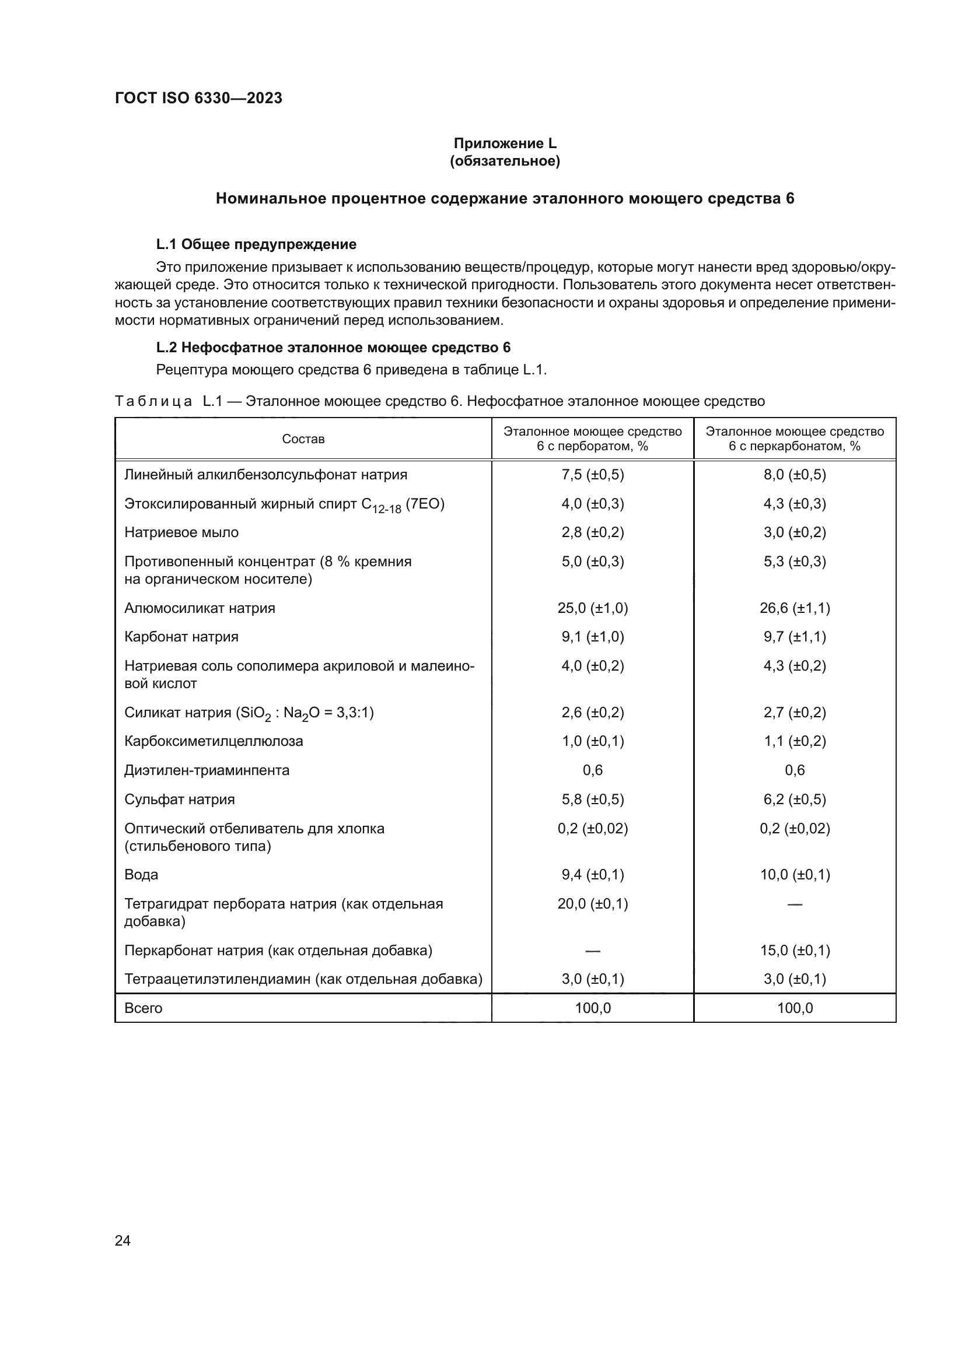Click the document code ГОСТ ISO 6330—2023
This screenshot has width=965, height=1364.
(198, 98)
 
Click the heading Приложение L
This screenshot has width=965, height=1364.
(505, 143)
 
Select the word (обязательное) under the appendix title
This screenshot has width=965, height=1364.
(505, 161)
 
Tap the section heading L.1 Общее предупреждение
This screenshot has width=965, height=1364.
(256, 244)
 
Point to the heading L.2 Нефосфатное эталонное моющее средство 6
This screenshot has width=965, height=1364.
(333, 348)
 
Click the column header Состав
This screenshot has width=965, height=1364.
(303, 439)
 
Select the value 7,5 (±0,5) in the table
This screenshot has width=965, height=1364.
(592, 475)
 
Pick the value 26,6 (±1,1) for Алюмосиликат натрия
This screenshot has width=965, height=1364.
(795, 608)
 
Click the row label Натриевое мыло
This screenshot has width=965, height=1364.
(181, 532)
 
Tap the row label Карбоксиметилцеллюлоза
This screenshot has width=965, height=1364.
(214, 741)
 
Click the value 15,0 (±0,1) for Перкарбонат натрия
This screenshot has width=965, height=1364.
(795, 950)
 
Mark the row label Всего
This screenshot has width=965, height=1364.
(143, 1008)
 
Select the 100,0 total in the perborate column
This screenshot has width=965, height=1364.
(592, 1008)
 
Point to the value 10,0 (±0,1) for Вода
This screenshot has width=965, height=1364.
(795, 875)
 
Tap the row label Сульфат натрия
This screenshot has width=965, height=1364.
(180, 799)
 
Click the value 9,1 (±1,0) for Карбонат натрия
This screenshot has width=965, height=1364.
(592, 637)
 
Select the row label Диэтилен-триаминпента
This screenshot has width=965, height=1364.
(207, 770)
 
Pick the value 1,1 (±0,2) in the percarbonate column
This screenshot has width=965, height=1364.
(795, 741)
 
